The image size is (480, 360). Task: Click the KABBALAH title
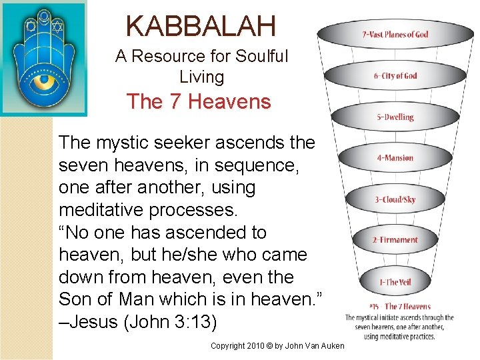(201, 26)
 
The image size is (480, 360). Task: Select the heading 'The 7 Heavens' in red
(199, 102)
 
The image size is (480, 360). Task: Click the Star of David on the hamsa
(57, 28)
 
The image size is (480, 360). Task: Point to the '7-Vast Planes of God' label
(395, 34)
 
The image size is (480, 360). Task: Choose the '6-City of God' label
(395, 75)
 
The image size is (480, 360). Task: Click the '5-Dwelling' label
(395, 117)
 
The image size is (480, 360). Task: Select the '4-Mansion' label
(395, 158)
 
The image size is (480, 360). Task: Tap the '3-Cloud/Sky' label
(395, 199)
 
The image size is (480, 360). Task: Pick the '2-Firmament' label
(395, 240)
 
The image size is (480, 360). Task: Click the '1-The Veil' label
(395, 282)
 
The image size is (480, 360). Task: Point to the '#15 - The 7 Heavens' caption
(399, 307)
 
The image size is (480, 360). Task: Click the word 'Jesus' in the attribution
(97, 322)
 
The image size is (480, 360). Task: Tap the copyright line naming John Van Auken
(277, 345)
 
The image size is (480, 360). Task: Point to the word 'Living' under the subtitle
(201, 77)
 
